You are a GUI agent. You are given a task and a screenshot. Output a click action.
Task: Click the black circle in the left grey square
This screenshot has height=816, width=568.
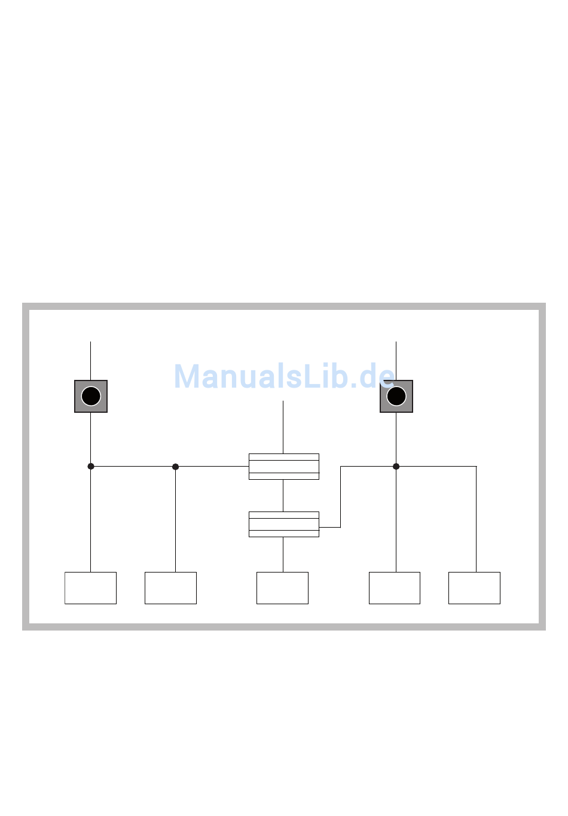pos(91,396)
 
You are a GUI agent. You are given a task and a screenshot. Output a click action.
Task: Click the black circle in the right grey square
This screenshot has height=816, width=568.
pos(396,396)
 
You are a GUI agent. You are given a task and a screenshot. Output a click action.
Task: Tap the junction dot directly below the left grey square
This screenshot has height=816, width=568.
pos(91,467)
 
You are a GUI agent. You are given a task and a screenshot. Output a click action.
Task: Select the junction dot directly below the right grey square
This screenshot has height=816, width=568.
pos(396,467)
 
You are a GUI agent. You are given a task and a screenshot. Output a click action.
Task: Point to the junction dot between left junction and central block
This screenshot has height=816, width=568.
pos(175,467)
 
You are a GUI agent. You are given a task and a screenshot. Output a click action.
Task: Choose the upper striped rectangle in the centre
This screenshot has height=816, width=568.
pos(283,467)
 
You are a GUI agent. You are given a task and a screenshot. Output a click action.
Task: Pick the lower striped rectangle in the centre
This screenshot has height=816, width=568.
pos(283,524)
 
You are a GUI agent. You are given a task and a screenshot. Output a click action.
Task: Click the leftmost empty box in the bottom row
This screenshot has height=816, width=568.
pos(90,588)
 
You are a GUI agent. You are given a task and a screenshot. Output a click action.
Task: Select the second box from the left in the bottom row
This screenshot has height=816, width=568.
pos(170,588)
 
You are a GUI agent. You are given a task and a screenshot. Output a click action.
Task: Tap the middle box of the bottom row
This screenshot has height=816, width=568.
pos(282,588)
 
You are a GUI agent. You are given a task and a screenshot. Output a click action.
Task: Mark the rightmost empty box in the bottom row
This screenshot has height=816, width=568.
pos(474,588)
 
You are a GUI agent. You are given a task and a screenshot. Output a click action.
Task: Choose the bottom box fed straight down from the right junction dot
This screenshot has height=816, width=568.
pos(395,588)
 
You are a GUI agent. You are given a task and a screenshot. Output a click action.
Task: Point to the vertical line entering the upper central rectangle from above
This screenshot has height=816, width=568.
pos(283,428)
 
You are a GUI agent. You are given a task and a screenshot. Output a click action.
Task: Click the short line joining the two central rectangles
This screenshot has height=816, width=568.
pos(283,495)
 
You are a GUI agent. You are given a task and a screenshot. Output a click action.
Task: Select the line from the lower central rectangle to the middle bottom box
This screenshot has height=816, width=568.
pos(283,555)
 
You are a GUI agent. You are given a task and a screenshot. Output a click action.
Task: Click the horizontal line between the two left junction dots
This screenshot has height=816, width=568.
pos(133,467)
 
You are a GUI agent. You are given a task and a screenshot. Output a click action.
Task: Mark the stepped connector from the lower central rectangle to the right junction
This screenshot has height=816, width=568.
pos(340,497)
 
